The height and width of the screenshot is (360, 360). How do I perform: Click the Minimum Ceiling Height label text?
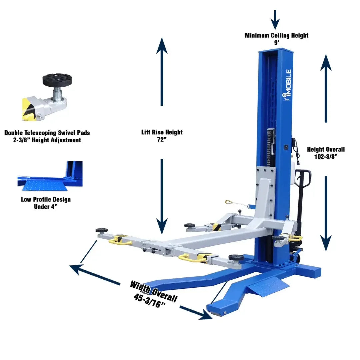tap(277, 35)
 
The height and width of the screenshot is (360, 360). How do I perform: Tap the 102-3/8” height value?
tap(326, 157)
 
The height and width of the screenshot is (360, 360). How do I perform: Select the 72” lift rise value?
tap(162, 139)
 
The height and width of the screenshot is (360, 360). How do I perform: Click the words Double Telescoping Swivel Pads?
tap(47, 133)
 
